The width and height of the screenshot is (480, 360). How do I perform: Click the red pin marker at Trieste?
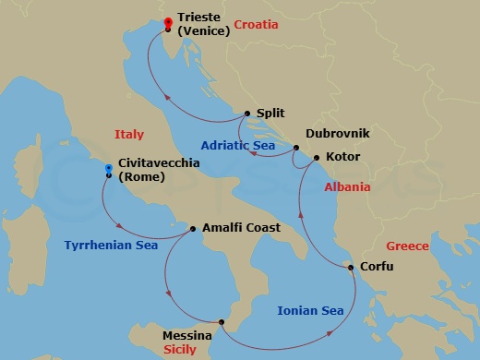click(167, 23)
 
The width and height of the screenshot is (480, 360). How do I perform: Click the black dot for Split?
click(247, 114)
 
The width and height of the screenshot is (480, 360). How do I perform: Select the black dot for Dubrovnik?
click(296, 148)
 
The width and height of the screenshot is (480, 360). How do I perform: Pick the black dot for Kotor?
click(316, 158)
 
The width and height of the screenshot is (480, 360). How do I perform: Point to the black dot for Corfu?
click(350, 268)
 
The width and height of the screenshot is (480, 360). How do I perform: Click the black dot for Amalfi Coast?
click(193, 228)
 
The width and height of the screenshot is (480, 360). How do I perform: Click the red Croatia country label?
click(256, 25)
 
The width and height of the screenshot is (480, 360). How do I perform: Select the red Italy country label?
click(129, 135)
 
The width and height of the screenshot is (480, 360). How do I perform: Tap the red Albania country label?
click(347, 187)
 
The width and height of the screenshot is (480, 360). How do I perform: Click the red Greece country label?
click(407, 246)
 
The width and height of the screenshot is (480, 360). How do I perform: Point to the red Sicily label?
click(181, 352)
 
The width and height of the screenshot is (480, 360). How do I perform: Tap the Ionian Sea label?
click(310, 311)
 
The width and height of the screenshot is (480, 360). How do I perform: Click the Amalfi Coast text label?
click(241, 228)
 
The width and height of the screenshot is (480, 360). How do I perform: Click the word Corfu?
click(376, 268)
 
